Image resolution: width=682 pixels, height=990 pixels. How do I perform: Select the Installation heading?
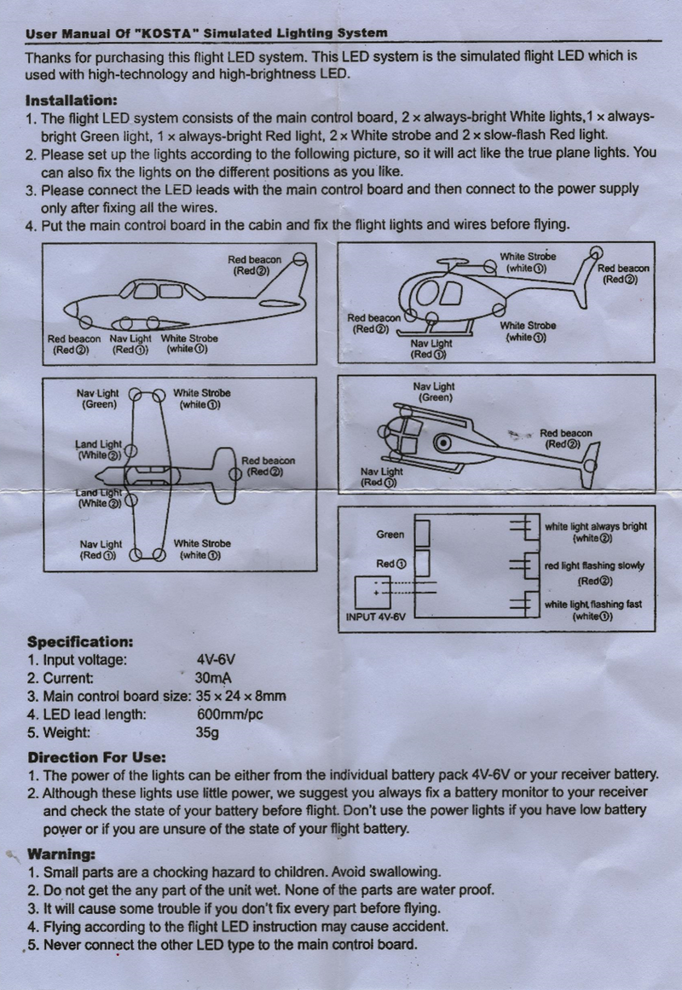(72, 100)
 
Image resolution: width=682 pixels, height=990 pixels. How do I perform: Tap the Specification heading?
(79, 640)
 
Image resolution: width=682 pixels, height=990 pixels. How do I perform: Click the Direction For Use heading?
(96, 756)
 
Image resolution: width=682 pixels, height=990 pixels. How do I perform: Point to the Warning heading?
(61, 854)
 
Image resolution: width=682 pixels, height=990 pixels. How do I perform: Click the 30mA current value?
(214, 678)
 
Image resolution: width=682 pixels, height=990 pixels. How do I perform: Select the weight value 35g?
(208, 732)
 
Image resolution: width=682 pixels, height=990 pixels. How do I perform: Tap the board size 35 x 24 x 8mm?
(240, 696)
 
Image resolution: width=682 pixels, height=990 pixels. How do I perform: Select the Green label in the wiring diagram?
(390, 535)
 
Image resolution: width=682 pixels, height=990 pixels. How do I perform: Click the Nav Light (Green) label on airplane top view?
(99, 398)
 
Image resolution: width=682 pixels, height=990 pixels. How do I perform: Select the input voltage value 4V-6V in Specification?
(215, 660)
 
